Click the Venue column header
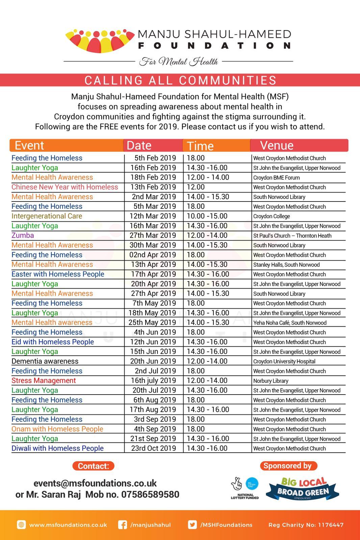(277, 145)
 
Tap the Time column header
(200, 146)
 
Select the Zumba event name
(23, 235)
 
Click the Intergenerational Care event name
(47, 216)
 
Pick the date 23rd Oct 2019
(153, 448)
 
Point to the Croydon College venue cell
(272, 216)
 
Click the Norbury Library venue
(271, 381)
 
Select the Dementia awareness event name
(45, 361)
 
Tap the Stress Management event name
(44, 380)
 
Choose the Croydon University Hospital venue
(284, 361)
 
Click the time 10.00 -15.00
(207, 216)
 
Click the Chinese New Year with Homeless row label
(65, 187)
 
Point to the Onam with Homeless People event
(57, 429)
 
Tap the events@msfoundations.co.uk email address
(95, 483)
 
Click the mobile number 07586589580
(150, 495)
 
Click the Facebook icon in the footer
(123, 525)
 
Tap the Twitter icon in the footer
(192, 525)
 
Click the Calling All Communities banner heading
(180, 80)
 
